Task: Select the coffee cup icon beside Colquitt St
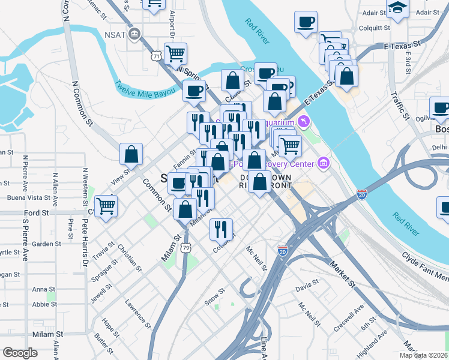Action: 306,22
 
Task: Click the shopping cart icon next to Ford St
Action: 106,205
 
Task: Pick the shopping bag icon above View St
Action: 131,154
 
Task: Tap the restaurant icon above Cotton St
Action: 221,229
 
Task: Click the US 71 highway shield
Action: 156,56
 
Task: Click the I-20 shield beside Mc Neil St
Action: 282,249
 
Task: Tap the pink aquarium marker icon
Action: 304,122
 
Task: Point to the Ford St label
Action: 36,213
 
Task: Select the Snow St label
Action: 214,297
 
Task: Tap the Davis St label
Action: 307,289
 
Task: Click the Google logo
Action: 20,353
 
